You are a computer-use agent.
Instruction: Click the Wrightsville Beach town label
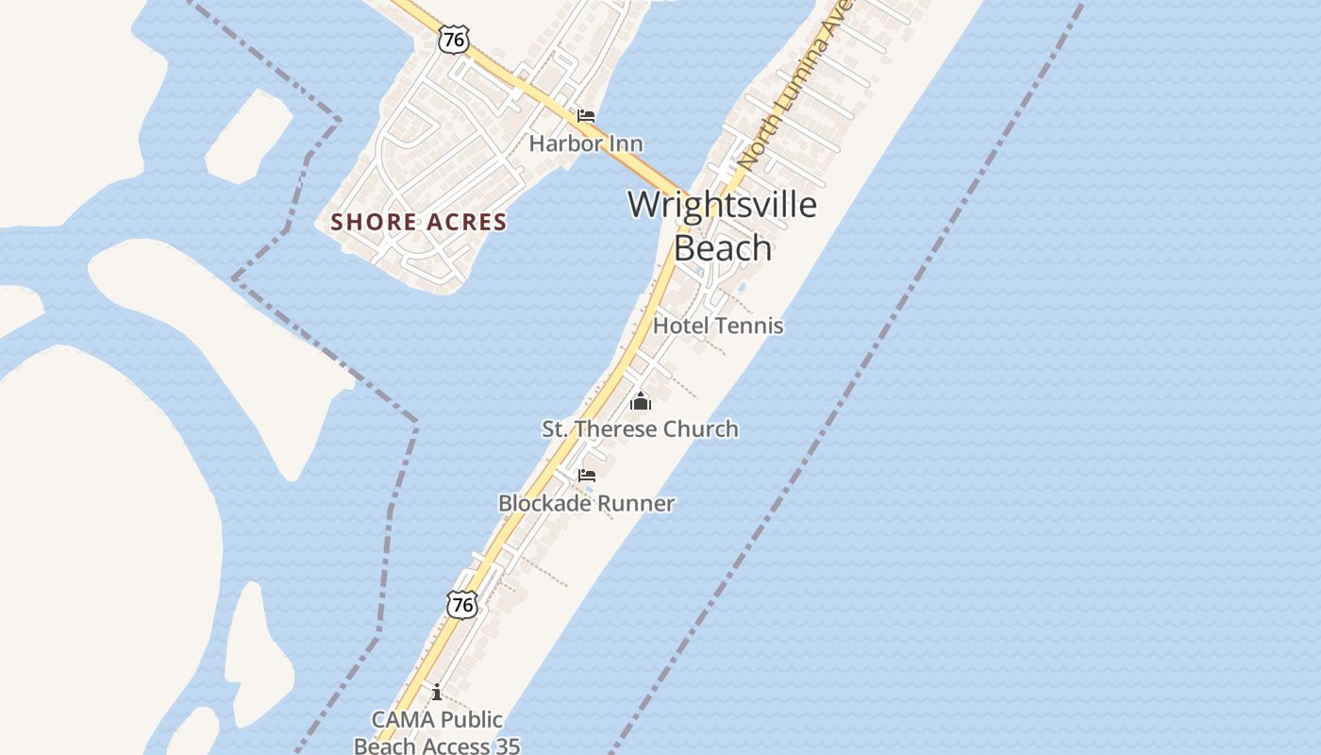tap(722, 226)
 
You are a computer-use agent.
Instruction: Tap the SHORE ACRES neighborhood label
tap(419, 222)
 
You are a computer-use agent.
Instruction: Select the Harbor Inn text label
tap(586, 143)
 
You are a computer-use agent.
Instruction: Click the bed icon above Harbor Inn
tap(586, 116)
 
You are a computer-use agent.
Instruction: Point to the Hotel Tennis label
tap(718, 326)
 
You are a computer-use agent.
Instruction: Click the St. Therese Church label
tap(640, 428)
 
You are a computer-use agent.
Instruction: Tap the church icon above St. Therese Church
tap(641, 402)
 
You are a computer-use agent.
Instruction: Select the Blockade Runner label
tap(586, 503)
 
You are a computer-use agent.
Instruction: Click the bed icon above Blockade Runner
tap(587, 475)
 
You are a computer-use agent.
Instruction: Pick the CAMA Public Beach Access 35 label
tap(437, 732)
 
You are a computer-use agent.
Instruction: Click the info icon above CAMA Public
tap(436, 693)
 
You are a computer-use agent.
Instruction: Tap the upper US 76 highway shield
tap(454, 39)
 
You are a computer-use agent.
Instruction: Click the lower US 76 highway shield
tap(462, 605)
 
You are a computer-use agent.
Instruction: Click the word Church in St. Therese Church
tap(701, 428)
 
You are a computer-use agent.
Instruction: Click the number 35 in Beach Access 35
tap(505, 746)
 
